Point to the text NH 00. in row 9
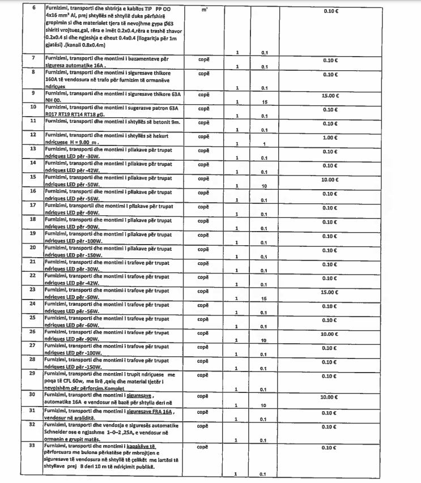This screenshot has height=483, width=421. coord(53,101)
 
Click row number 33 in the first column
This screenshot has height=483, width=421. coord(33,447)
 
